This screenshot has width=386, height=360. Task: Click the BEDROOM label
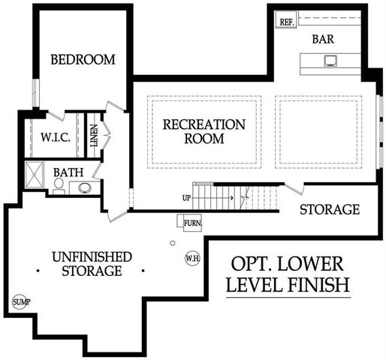83,59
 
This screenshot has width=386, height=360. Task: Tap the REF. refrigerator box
286,19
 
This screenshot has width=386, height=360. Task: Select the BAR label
323,39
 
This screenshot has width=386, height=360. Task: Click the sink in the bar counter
330,61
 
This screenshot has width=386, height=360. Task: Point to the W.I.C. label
56,137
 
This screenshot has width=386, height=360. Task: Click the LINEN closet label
94,136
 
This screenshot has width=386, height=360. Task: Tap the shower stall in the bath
35,175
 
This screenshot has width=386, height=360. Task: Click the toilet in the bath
59,186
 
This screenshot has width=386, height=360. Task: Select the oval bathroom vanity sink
85,187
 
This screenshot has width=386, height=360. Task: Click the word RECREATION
204,124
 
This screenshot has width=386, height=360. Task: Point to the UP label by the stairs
186,198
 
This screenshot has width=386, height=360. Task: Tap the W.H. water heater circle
192,259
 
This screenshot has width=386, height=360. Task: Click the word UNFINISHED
92,257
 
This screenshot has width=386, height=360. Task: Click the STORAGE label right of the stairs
330,209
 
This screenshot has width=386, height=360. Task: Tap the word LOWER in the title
310,264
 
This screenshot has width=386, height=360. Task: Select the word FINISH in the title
318,284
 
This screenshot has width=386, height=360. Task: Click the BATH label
68,172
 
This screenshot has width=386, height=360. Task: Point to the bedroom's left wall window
36,93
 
